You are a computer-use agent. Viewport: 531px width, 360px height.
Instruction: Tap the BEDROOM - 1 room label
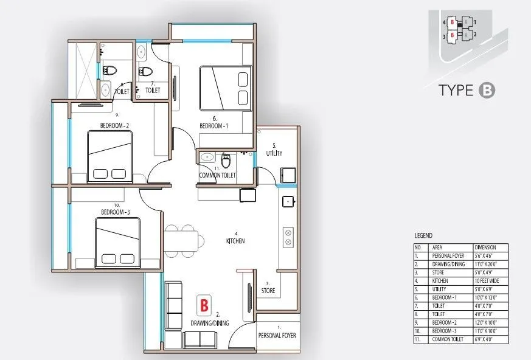215,126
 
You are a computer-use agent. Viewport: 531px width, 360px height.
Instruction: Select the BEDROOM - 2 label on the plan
115,126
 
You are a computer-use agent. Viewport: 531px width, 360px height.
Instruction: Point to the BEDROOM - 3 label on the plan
115,212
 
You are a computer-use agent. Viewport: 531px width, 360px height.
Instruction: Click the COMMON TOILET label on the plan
217,175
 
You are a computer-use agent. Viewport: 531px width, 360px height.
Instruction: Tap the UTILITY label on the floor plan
274,153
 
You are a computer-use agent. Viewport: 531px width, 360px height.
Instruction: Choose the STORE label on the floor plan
268,291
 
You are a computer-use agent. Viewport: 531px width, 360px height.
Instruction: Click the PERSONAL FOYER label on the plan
278,335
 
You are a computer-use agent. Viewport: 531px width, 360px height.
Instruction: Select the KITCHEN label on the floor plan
235,241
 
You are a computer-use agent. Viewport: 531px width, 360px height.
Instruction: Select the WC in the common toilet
226,161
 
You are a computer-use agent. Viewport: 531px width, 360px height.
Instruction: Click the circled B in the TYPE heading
487,91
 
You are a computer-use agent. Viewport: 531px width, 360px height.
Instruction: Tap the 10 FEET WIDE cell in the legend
485,282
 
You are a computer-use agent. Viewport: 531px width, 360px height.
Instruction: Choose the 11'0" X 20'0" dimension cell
485,265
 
